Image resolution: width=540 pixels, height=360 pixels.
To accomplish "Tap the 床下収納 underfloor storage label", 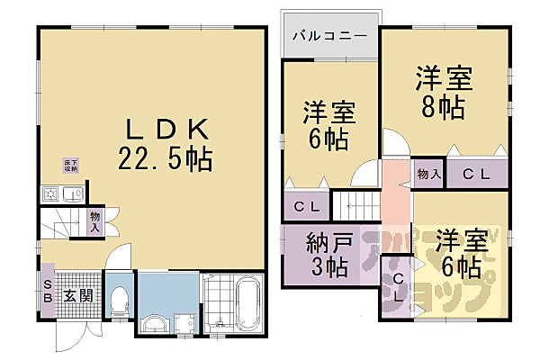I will [x=70, y=166].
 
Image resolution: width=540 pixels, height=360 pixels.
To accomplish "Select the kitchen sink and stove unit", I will [x=61, y=193].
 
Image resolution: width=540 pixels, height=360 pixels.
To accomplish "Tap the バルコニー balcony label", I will [x=328, y=39].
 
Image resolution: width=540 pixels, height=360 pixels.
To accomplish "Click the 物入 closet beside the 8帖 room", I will [x=428, y=174].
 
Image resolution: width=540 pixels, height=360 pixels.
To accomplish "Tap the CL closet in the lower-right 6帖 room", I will [x=397, y=284].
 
